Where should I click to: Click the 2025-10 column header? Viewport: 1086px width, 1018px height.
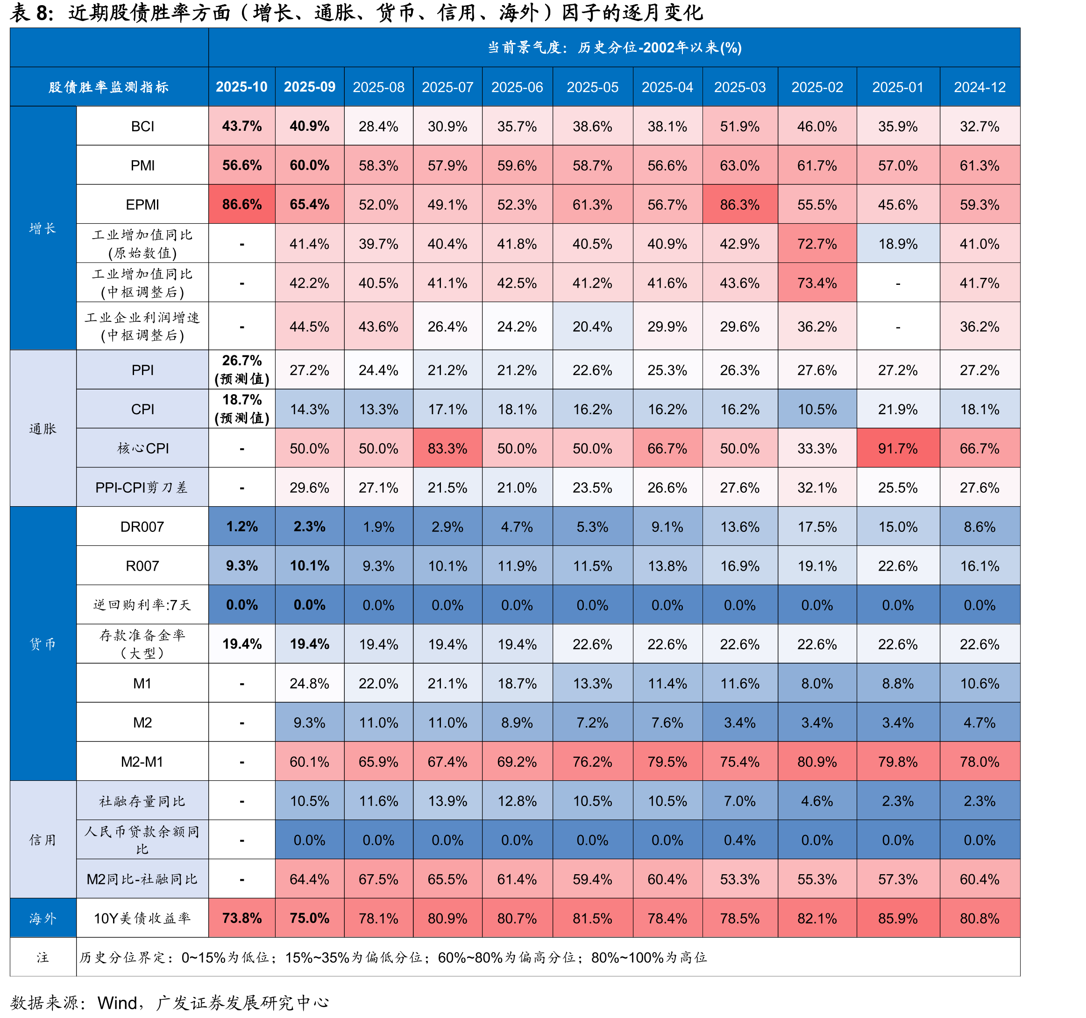241,87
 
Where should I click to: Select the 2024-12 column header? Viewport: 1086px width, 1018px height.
980,87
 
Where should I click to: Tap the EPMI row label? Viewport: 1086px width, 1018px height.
142,204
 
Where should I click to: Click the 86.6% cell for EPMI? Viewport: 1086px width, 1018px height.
241,204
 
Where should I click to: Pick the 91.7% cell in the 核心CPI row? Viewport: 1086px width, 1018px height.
898,448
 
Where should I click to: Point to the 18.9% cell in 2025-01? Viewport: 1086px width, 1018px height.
898,244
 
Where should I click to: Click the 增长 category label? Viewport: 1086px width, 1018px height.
43,228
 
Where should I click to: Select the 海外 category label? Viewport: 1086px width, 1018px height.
43,918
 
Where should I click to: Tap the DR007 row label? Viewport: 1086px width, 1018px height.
142,526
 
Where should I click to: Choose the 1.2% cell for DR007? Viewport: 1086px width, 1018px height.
241,526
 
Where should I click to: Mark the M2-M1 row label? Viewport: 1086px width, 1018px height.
142,761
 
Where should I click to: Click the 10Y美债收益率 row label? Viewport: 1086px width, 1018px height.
142,918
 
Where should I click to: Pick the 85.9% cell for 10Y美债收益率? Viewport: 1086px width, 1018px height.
898,918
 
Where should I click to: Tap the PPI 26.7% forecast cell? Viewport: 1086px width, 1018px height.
241,370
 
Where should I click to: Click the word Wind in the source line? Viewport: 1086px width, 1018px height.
117,1003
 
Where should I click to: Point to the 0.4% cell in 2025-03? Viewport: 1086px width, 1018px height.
740,840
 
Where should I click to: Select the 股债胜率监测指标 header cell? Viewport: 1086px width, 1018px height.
109,87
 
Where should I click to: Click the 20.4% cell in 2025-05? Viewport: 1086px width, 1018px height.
592,326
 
